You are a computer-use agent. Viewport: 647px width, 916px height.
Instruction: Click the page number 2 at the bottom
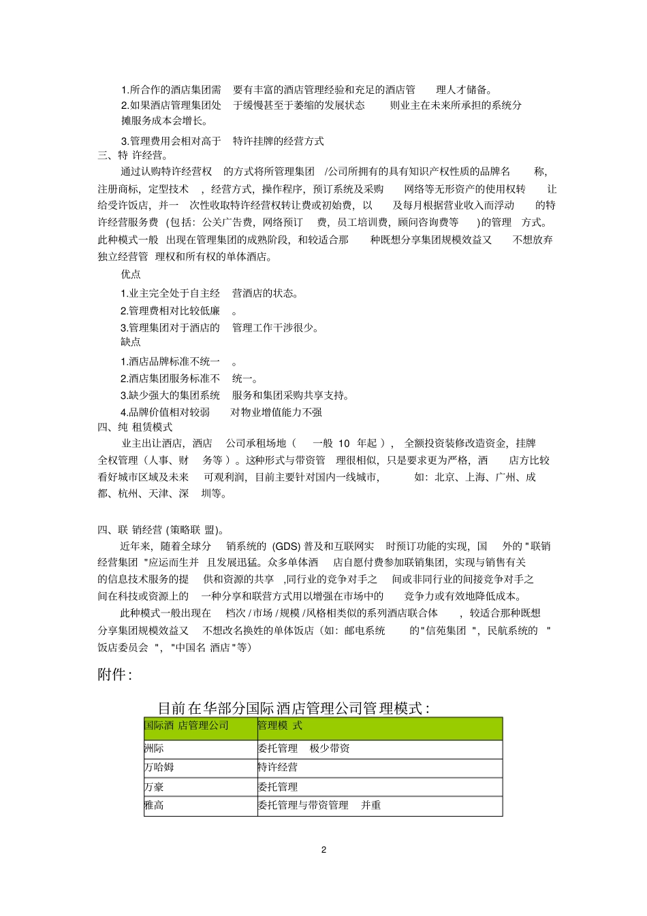click(x=323, y=849)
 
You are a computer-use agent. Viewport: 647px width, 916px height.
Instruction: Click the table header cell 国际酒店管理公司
click(x=187, y=725)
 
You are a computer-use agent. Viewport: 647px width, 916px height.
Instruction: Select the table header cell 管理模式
click(x=280, y=725)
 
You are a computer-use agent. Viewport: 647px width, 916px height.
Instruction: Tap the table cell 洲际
click(x=155, y=749)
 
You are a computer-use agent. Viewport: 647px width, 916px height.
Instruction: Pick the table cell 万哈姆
click(x=159, y=767)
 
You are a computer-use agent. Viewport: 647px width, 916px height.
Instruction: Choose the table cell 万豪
click(x=155, y=787)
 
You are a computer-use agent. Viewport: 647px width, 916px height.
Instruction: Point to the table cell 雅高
click(x=155, y=805)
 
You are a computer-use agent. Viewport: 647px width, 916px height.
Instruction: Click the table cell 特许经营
click(x=278, y=767)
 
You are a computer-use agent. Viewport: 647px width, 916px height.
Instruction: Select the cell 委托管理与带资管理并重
click(x=319, y=805)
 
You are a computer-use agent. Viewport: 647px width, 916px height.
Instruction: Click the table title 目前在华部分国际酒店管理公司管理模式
click(x=294, y=708)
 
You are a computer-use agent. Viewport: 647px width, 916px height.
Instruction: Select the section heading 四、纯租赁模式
click(x=135, y=427)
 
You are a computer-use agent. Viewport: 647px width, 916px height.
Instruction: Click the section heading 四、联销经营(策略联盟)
click(x=161, y=530)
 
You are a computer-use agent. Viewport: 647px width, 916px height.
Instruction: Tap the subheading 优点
click(x=131, y=274)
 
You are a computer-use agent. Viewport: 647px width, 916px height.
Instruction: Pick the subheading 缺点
click(x=131, y=342)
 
